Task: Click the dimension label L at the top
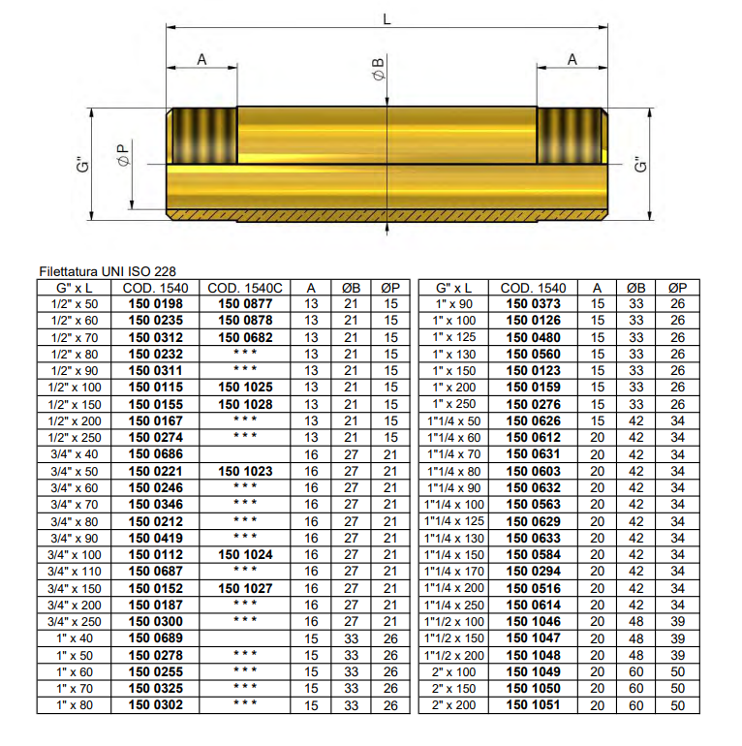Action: pos(386,19)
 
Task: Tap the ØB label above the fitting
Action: pos(378,72)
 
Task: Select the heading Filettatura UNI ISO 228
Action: pos(108,272)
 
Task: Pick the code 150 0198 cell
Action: pos(155,304)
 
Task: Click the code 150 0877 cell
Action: pos(245,304)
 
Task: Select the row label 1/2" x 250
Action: pos(74,438)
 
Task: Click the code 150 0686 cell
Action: pos(155,454)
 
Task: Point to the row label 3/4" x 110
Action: pos(74,572)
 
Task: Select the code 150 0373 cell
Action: pos(533,304)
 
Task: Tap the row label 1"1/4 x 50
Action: pos(453,421)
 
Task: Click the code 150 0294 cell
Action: pos(533,572)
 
